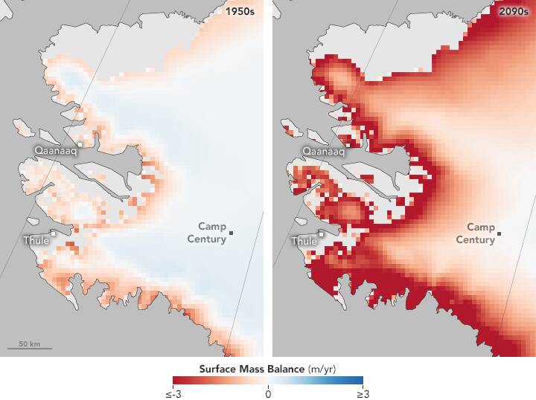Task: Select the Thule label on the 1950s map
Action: (x=36, y=240)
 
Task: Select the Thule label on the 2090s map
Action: (x=304, y=240)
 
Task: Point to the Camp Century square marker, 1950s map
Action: (x=232, y=233)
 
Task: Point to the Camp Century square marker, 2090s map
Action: (x=500, y=233)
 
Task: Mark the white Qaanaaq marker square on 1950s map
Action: (x=80, y=144)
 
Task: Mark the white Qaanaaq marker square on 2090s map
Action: (x=348, y=144)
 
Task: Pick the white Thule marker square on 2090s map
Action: (x=322, y=233)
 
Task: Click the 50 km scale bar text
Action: (x=30, y=344)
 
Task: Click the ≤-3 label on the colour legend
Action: (x=175, y=393)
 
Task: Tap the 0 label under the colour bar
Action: (x=268, y=393)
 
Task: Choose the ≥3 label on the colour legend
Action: (x=361, y=393)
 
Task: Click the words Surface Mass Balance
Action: (x=251, y=369)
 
